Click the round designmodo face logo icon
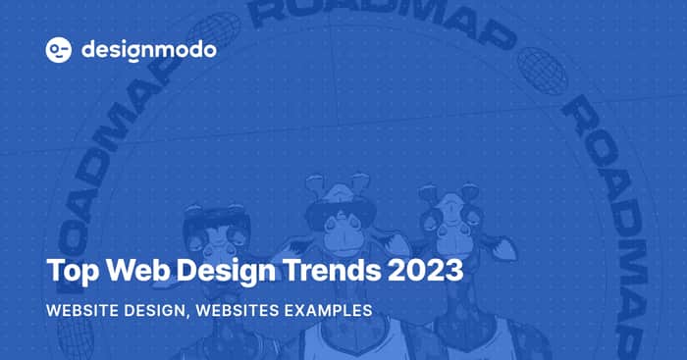(59, 50)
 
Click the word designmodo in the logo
(149, 51)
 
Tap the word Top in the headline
(73, 272)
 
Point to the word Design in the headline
(226, 272)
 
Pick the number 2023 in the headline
(425, 270)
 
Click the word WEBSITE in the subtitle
(82, 311)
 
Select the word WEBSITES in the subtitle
(238, 311)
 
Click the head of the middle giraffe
(341, 215)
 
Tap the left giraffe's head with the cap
(217, 232)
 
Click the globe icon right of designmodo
(215, 28)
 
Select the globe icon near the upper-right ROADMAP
(543, 70)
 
